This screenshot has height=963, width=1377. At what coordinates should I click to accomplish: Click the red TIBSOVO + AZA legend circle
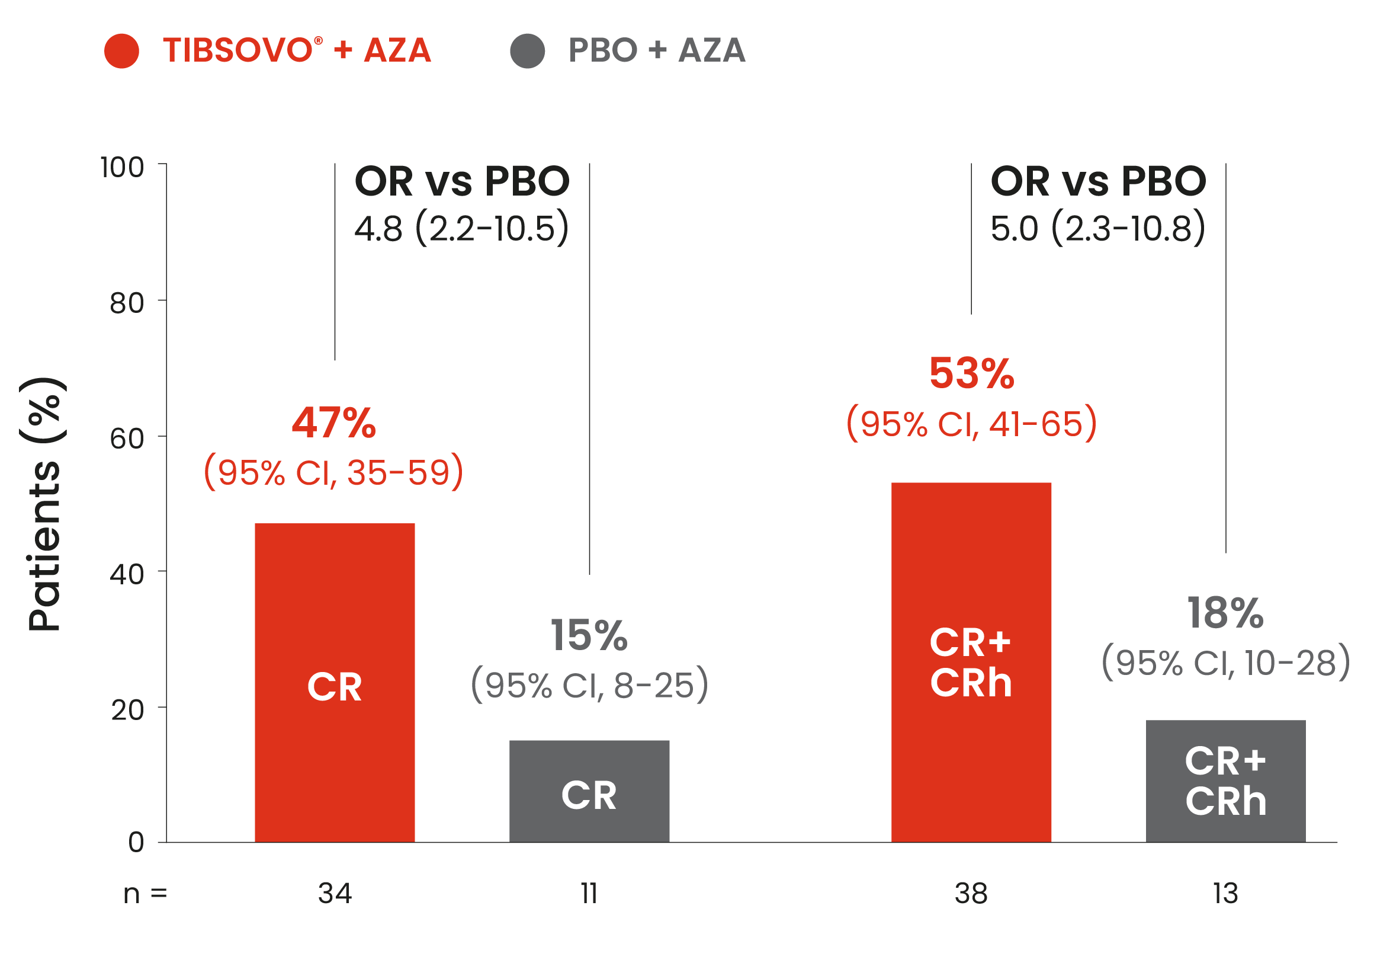(121, 51)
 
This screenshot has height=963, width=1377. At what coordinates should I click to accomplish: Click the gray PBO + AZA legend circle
(527, 51)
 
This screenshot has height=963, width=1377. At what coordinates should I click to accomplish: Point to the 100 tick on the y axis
(122, 167)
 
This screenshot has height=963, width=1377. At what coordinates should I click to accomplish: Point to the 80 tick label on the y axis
(127, 303)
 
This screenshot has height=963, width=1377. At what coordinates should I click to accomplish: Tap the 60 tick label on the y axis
(127, 439)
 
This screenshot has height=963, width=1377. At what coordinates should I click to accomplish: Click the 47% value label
(334, 423)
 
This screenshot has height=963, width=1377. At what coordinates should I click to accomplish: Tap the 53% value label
(971, 373)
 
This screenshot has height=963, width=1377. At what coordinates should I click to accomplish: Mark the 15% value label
(589, 635)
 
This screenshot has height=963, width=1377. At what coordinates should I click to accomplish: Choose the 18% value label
(1225, 613)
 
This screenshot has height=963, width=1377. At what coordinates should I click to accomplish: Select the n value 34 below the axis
(335, 894)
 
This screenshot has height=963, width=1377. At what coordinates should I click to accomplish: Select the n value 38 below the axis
(971, 894)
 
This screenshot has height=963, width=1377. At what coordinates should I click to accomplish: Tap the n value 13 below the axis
(1225, 894)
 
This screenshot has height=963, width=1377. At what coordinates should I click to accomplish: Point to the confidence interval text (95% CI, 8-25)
(589, 684)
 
